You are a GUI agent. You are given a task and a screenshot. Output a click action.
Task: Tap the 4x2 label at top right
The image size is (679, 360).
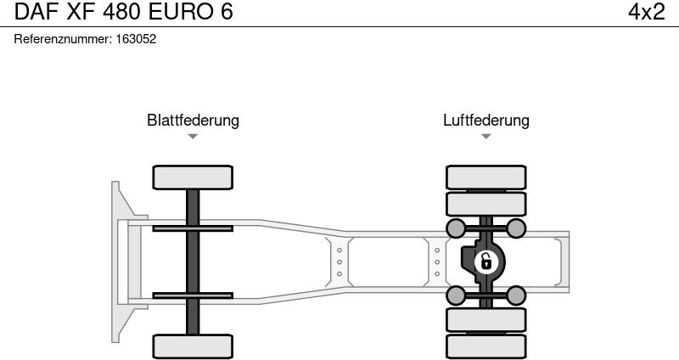tap(646, 12)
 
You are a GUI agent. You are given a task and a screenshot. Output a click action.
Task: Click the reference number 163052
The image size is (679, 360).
tap(135, 39)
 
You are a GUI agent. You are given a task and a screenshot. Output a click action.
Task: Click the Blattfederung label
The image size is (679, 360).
tap(193, 120)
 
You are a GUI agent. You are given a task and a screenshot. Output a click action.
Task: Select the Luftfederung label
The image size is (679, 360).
tap(485, 120)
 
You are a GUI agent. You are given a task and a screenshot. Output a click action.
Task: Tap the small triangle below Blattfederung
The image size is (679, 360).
tap(193, 136)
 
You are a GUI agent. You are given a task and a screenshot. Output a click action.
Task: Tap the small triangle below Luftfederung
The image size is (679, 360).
tap(485, 136)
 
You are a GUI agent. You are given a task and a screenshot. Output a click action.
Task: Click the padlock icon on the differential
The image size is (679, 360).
tap(485, 261)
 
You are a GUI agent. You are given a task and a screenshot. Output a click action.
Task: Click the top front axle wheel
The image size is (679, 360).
tap(193, 177)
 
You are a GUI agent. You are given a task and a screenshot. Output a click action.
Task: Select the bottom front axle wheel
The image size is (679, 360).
tap(193, 346)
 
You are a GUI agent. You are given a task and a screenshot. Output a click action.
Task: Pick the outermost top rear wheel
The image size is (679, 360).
tap(485, 177)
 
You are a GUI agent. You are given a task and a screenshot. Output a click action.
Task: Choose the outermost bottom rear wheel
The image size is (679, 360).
tap(485, 346)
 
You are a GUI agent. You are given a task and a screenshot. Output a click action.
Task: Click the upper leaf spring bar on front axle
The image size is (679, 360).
tap(193, 228)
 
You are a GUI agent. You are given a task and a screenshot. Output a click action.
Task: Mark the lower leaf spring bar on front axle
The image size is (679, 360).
tap(193, 295)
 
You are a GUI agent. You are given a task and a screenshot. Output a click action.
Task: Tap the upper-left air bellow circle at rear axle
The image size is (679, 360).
tap(456, 228)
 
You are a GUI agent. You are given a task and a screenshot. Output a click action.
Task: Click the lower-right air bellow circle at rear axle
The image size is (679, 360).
tap(515, 295)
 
